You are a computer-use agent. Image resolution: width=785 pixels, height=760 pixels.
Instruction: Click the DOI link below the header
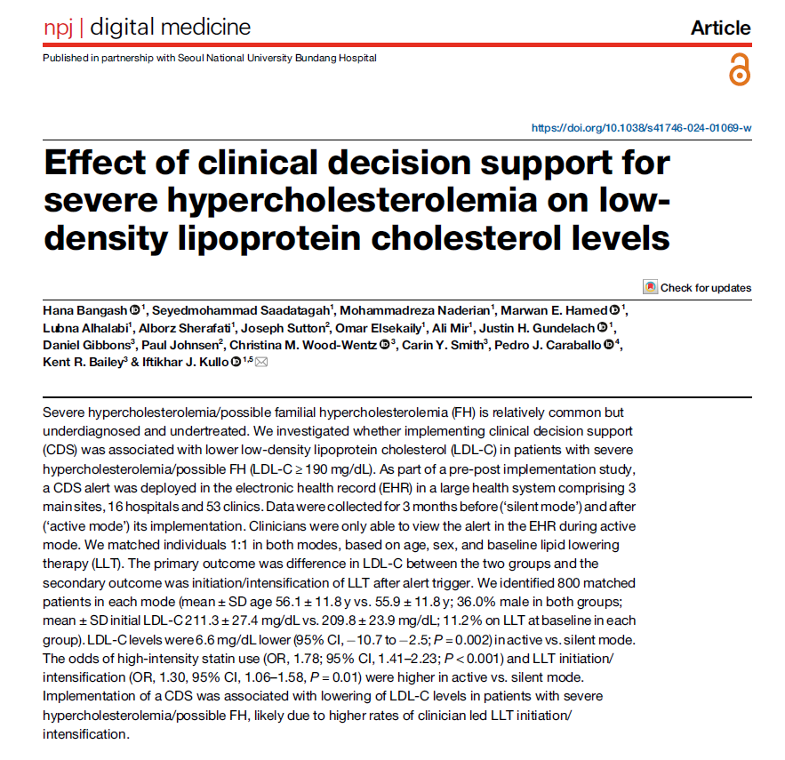point(641,128)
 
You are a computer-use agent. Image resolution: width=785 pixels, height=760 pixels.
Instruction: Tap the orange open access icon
point(740,70)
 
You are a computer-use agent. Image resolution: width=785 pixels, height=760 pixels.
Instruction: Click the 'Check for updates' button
point(697,287)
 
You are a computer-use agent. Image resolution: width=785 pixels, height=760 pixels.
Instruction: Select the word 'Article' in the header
point(720,28)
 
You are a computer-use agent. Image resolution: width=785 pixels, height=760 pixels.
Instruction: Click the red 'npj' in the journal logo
point(59,28)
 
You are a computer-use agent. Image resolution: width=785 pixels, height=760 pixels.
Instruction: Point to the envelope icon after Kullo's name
point(261,362)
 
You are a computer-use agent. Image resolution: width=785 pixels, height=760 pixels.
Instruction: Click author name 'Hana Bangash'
point(85,311)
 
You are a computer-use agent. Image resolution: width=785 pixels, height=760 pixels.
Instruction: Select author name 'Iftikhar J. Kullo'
point(185,362)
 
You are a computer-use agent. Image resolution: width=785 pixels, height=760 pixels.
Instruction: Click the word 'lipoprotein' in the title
point(269,238)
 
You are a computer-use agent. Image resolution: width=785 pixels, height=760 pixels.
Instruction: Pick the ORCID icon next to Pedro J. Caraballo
point(608,345)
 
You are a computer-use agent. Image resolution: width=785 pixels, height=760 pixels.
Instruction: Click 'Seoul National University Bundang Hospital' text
point(276,58)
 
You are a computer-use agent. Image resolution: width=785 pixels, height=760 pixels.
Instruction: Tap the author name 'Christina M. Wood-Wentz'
point(303,346)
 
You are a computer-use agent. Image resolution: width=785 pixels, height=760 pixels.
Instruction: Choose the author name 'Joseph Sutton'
point(283,328)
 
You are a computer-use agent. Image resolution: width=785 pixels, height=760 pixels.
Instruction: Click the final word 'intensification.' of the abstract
point(86,734)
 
